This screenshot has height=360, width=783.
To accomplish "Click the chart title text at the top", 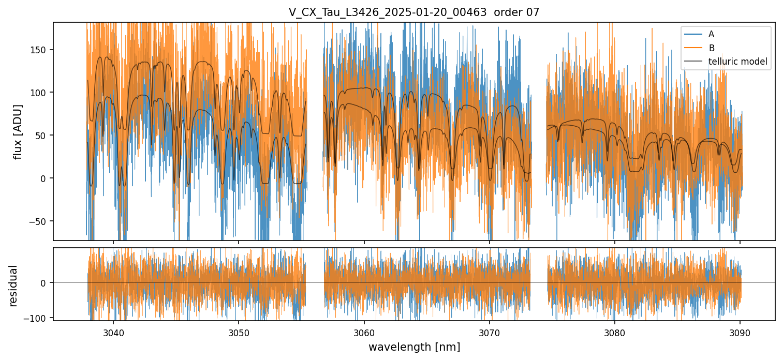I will tap(414, 12).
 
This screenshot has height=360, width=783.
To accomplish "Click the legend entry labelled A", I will tap(711, 34).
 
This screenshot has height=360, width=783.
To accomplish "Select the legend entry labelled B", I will tap(711, 48).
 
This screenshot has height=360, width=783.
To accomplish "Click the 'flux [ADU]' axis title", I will tap(19, 131).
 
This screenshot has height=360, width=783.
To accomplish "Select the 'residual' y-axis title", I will tap(13, 286).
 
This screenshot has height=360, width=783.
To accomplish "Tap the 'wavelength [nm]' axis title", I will tap(414, 347).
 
